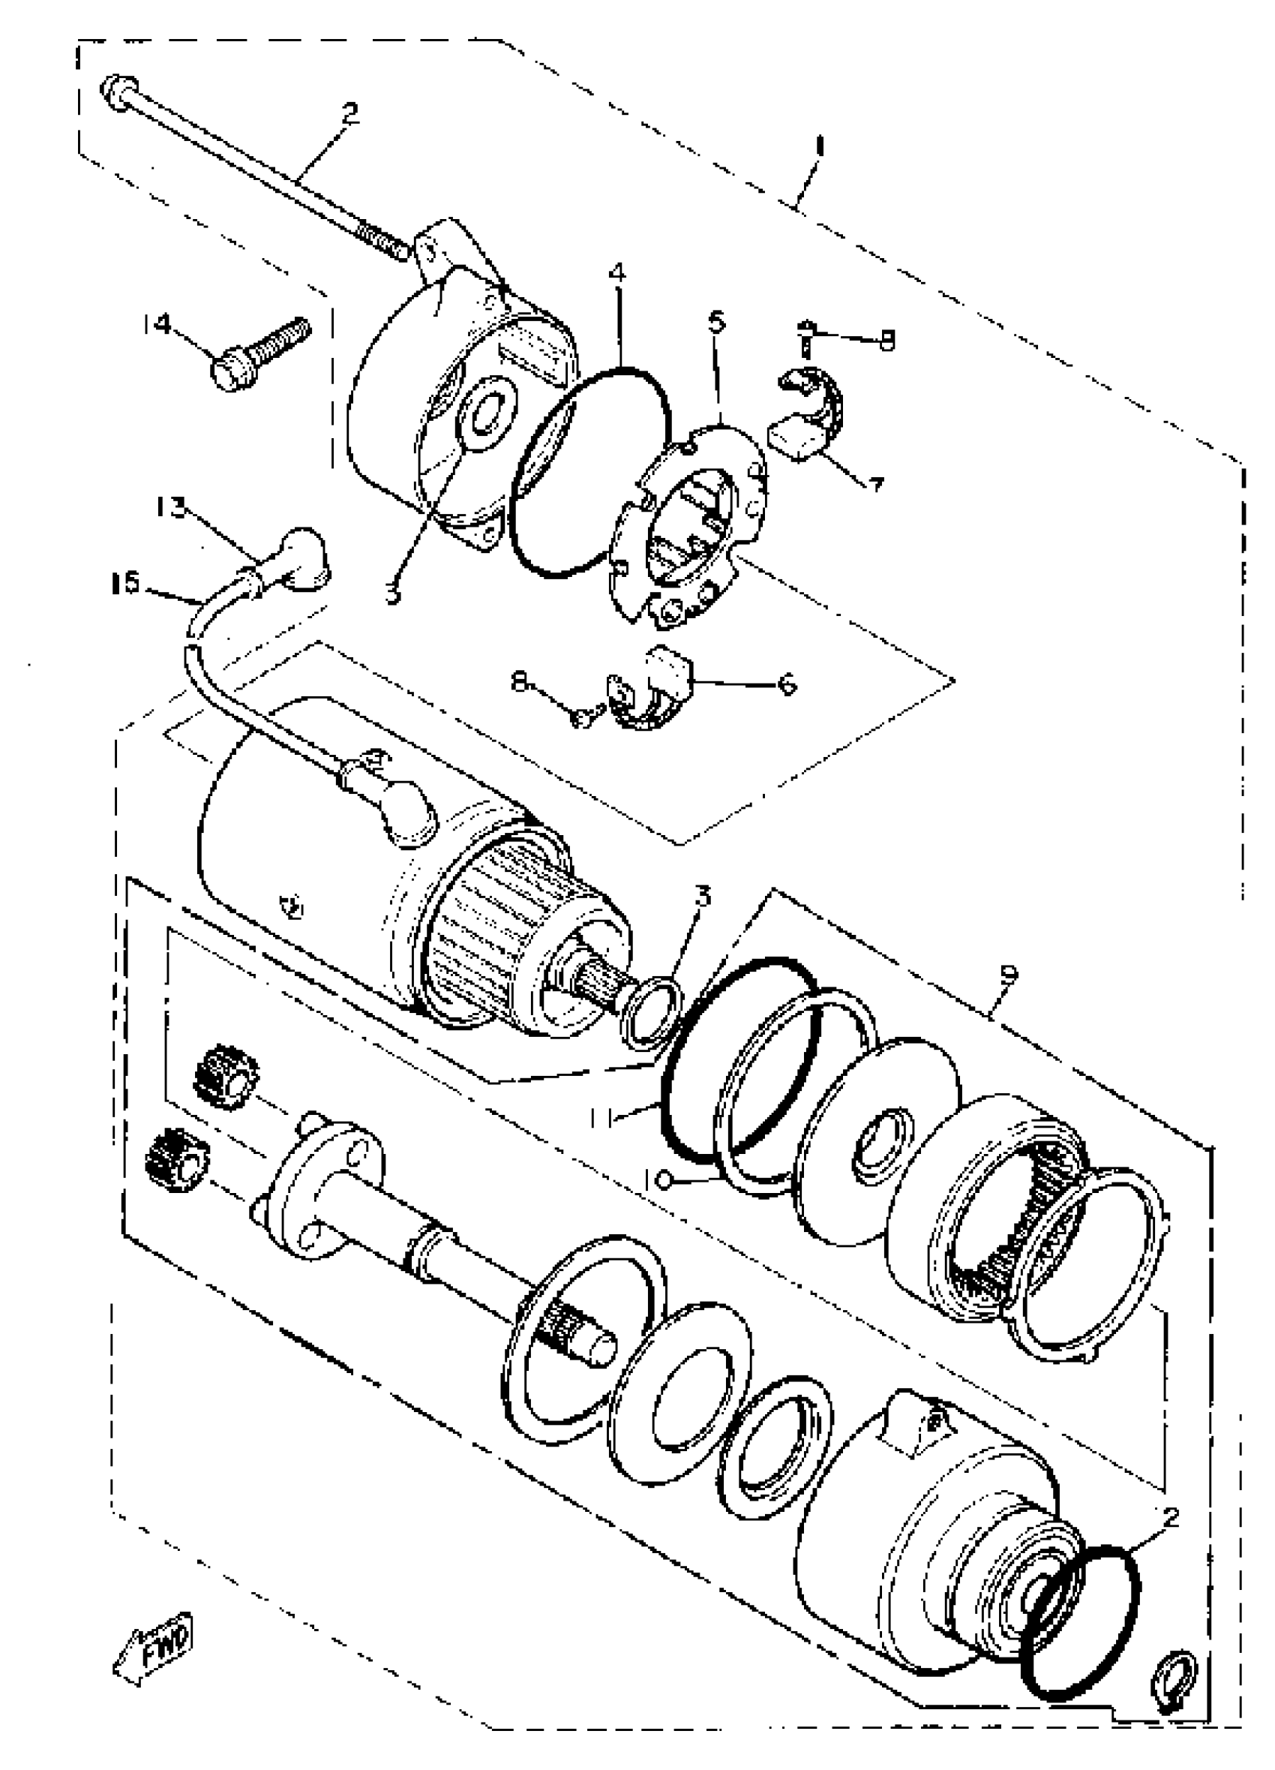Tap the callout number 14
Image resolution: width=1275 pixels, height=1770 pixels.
pos(157,323)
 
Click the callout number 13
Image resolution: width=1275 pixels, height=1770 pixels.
pos(171,508)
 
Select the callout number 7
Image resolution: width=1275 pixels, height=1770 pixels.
pos(875,485)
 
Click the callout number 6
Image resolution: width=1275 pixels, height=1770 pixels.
pos(787,684)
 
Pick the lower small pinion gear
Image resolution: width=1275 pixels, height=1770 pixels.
pos(177,1161)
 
